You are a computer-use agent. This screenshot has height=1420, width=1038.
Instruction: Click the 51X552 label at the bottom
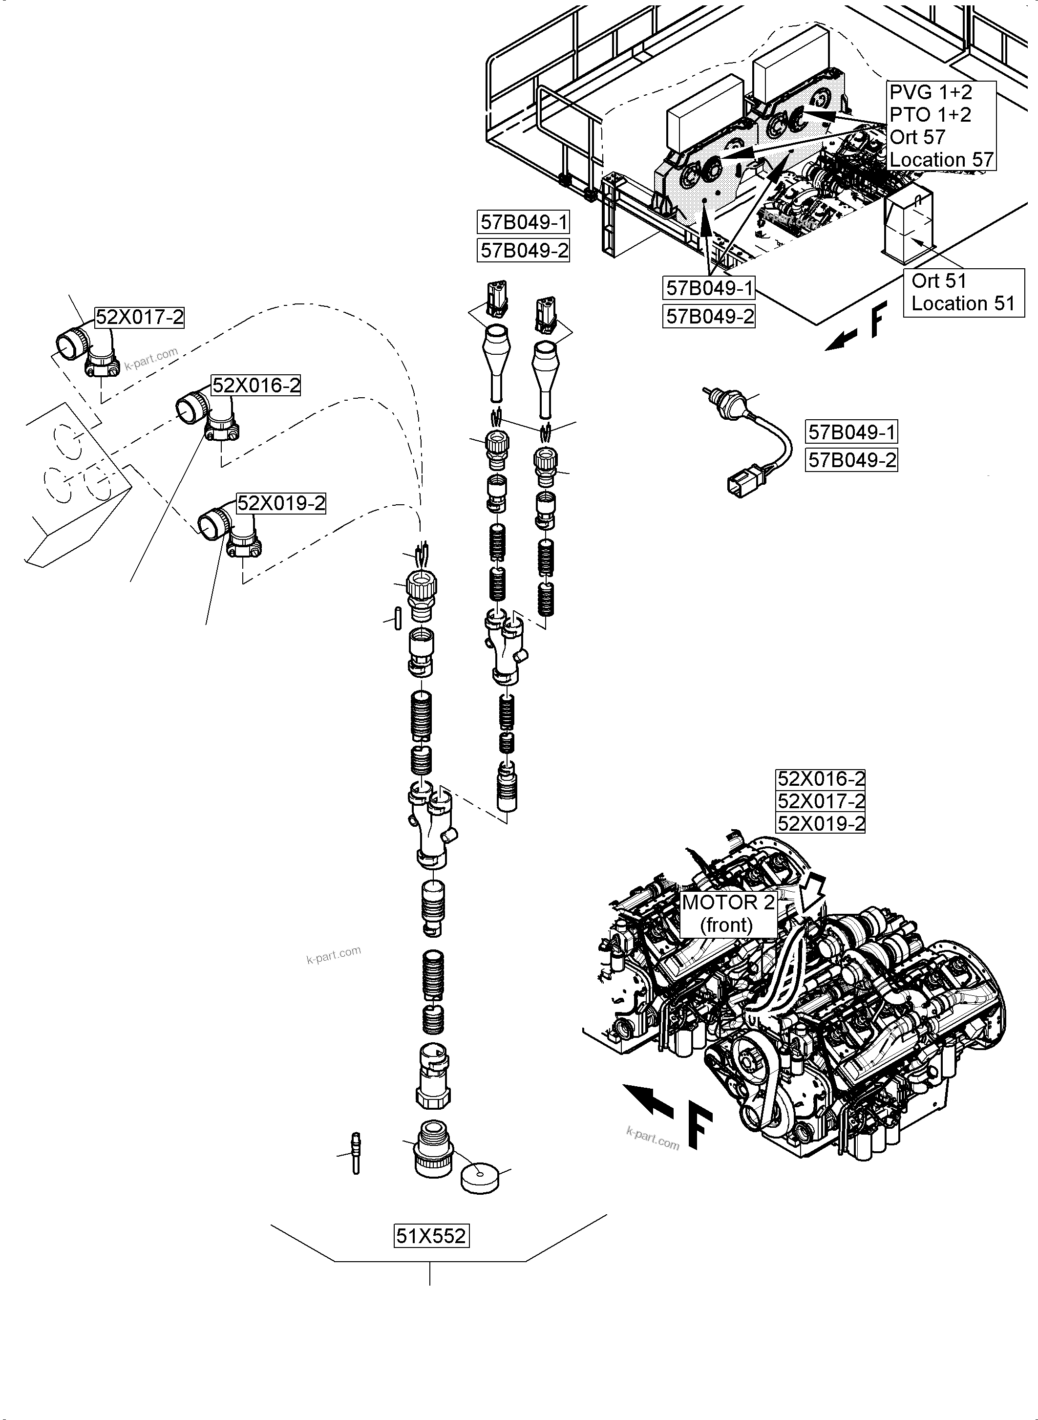(431, 1236)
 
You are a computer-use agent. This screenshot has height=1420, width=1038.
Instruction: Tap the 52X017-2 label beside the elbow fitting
(140, 318)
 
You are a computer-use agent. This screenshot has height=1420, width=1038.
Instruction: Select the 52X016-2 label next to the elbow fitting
(256, 386)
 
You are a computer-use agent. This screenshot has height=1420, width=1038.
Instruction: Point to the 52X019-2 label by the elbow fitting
(281, 503)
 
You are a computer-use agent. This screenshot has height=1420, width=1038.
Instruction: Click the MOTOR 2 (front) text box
(728, 913)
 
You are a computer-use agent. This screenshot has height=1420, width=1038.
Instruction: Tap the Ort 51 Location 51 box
(963, 292)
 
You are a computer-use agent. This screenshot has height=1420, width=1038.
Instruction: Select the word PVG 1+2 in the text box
(931, 92)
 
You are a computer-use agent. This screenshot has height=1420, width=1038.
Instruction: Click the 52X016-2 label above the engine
(821, 779)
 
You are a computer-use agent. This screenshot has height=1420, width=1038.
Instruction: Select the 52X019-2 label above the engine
(821, 823)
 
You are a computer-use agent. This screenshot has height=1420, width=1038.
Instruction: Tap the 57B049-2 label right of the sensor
(851, 460)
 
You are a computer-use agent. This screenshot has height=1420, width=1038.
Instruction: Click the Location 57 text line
(941, 160)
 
